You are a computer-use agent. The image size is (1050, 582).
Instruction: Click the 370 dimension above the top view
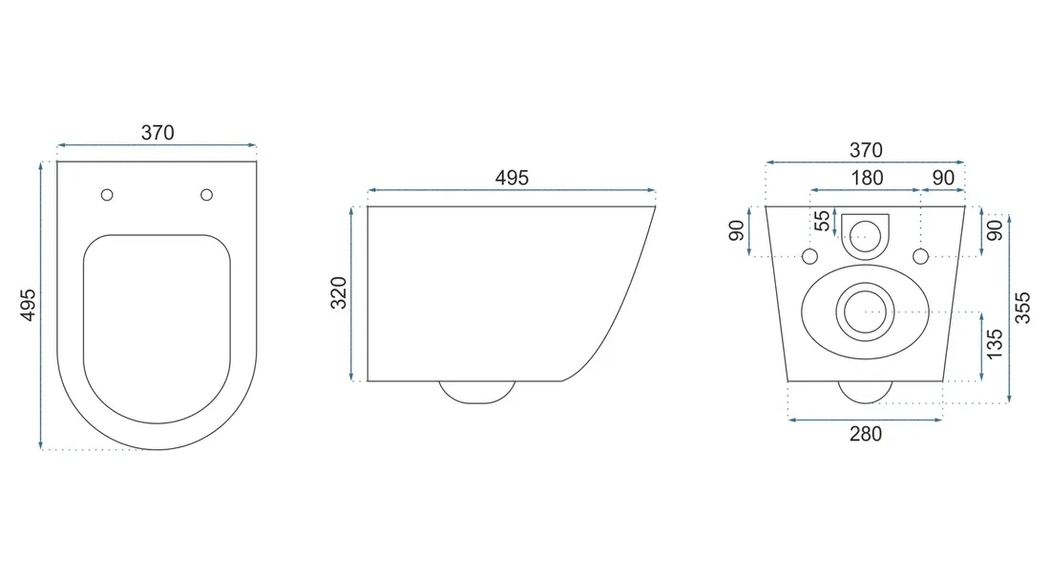[157, 133]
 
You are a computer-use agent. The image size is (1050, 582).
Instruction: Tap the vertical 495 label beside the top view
[28, 305]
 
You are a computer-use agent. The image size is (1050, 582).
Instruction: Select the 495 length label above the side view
[512, 178]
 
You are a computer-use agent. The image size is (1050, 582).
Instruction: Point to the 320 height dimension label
[339, 293]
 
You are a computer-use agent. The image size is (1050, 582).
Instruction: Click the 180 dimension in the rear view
[867, 178]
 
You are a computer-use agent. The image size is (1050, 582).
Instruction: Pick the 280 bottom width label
[865, 434]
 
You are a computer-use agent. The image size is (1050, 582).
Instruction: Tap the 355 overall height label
[1022, 308]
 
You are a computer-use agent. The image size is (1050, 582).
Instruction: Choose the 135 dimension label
[995, 344]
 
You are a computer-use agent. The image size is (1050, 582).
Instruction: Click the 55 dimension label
[822, 221]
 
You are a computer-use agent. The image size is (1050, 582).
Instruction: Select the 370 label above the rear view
[866, 150]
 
